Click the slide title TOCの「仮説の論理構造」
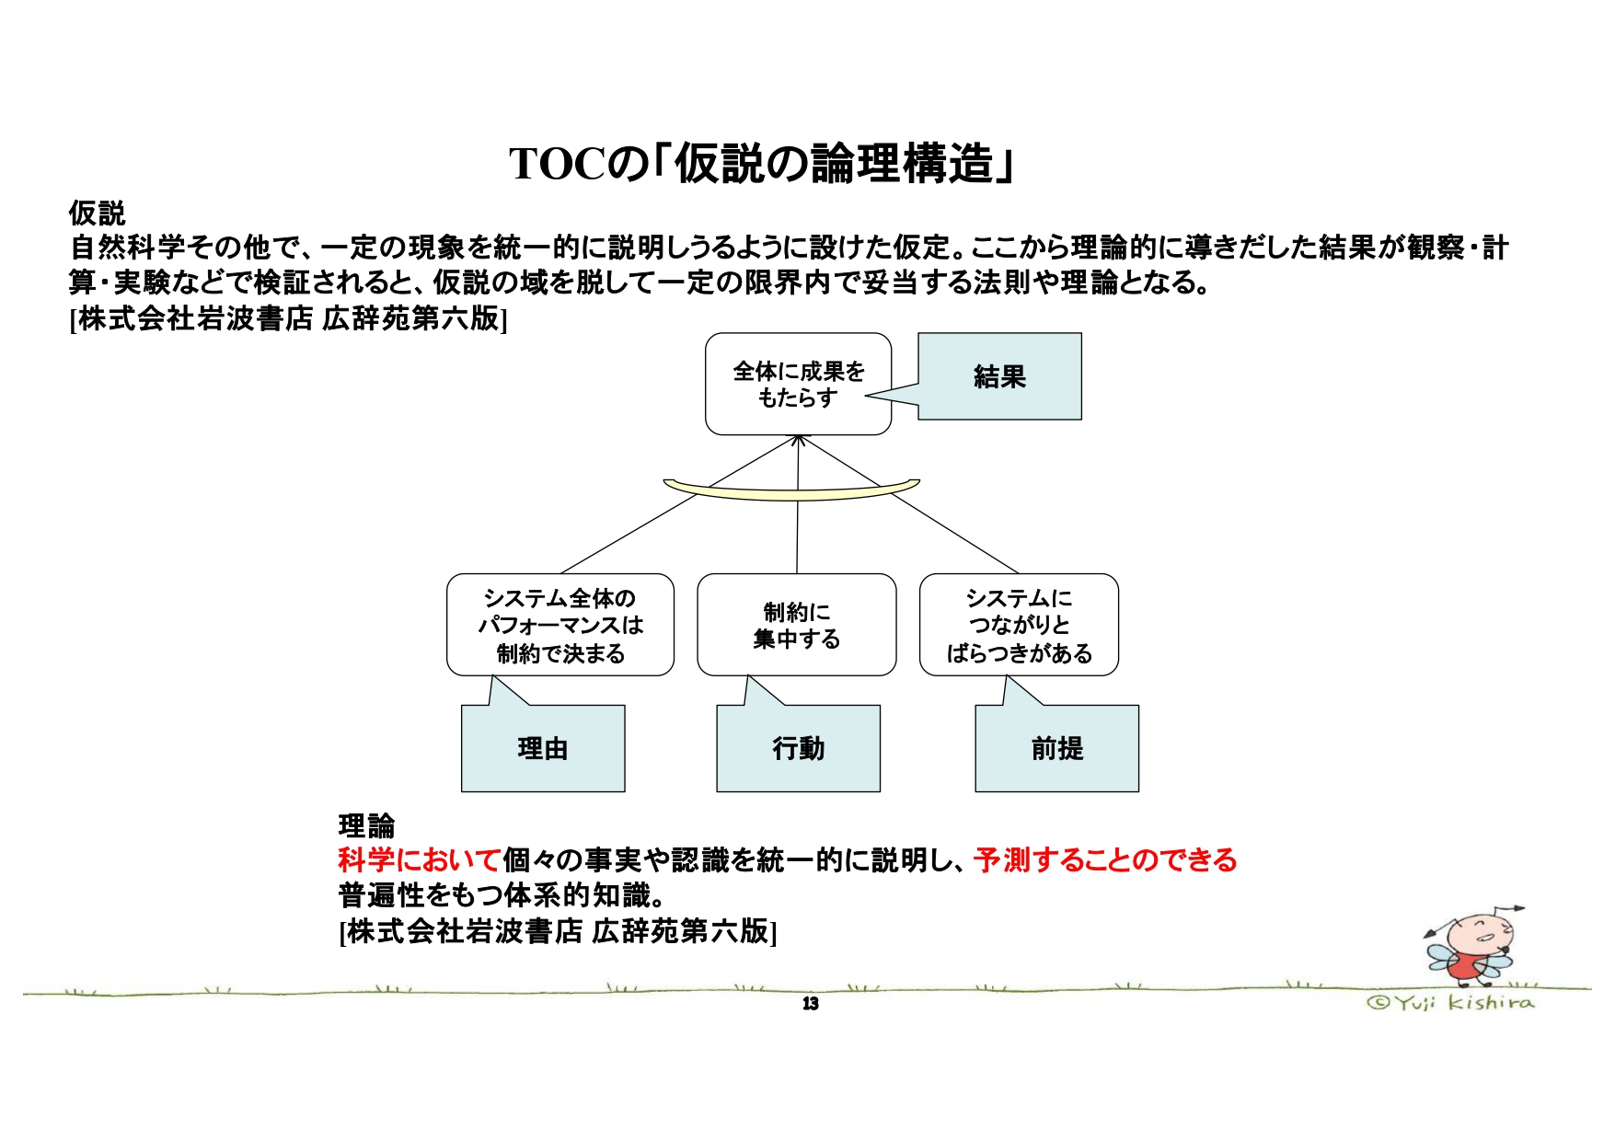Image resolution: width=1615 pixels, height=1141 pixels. (762, 165)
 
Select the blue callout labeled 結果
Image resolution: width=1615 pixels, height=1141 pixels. (999, 376)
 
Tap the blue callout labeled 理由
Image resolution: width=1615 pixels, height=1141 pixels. (543, 748)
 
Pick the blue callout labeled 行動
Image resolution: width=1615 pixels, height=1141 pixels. (798, 748)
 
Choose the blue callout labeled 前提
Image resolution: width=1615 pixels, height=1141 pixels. (1056, 748)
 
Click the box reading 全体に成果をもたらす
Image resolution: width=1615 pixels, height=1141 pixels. (798, 384)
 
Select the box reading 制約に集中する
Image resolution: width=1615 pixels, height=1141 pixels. (796, 625)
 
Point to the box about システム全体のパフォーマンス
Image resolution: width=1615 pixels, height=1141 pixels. (559, 625)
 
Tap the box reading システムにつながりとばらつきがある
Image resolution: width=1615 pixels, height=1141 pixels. (1019, 625)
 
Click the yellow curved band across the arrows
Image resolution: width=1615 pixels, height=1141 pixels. (791, 492)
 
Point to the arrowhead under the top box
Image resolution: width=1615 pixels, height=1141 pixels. (799, 441)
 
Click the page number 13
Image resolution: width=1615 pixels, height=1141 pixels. (810, 1003)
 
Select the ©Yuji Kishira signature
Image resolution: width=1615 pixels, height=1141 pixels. (1450, 1002)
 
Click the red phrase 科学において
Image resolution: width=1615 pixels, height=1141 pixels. (419, 860)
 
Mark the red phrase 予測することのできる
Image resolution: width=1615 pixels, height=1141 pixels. (1104, 860)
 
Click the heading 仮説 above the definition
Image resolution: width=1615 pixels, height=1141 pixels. (97, 213)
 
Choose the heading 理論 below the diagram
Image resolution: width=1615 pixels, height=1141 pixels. (366, 825)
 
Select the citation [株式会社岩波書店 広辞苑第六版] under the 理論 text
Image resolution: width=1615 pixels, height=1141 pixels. (558, 931)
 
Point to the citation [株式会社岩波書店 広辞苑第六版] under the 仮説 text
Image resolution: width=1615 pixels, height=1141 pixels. (288, 318)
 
